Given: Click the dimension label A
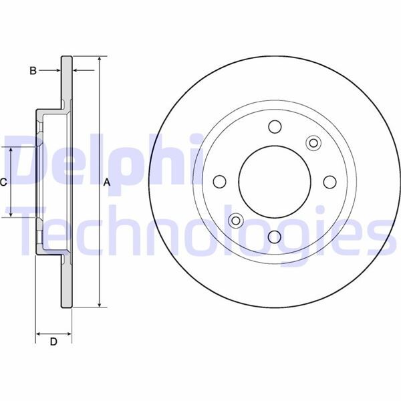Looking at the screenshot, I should click(106, 182).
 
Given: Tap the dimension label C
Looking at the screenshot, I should click(4, 182).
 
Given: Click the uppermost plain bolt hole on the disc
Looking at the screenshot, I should click(274, 126).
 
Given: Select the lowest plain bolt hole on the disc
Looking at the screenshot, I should click(274, 236).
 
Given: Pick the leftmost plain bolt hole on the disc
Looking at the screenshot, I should click(219, 181).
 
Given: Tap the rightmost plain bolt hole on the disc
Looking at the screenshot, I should click(329, 181).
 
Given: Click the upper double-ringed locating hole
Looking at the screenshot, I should click(313, 142).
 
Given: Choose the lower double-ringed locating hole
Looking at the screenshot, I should click(235, 220).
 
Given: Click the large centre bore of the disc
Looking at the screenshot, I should click(274, 181).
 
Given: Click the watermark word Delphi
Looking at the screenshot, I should click(100, 160).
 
